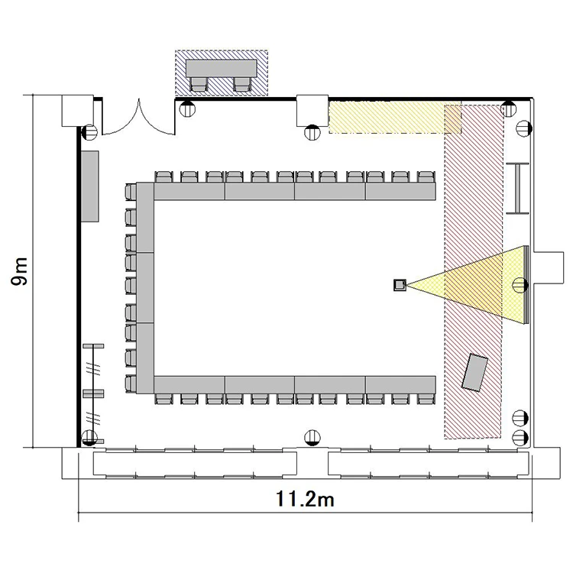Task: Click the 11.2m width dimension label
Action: pyautogui.click(x=305, y=498)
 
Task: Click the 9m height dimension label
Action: pyautogui.click(x=19, y=271)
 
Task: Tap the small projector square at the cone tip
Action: pyautogui.click(x=400, y=285)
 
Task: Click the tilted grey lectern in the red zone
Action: pyautogui.click(x=474, y=372)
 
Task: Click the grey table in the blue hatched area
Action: pyautogui.click(x=221, y=68)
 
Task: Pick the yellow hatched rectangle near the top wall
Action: pyautogui.click(x=395, y=118)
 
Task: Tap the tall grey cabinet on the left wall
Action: pyautogui.click(x=89, y=186)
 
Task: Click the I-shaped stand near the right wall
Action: pyautogui.click(x=517, y=188)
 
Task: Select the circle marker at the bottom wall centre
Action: pyautogui.click(x=312, y=438)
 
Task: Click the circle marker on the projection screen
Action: pyautogui.click(x=520, y=285)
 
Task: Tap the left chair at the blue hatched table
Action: pyautogui.click(x=199, y=84)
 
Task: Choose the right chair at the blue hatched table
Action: pyautogui.click(x=242, y=84)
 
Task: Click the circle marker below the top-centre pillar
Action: pyautogui.click(x=312, y=132)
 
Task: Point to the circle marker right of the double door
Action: pyautogui.click(x=187, y=108)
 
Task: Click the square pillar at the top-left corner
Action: pyautogui.click(x=77, y=111)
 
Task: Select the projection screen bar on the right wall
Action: pyautogui.click(x=526, y=285)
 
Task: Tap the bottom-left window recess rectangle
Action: pyautogui.click(x=195, y=464)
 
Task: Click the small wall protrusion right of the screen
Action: pyautogui.click(x=548, y=267)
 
